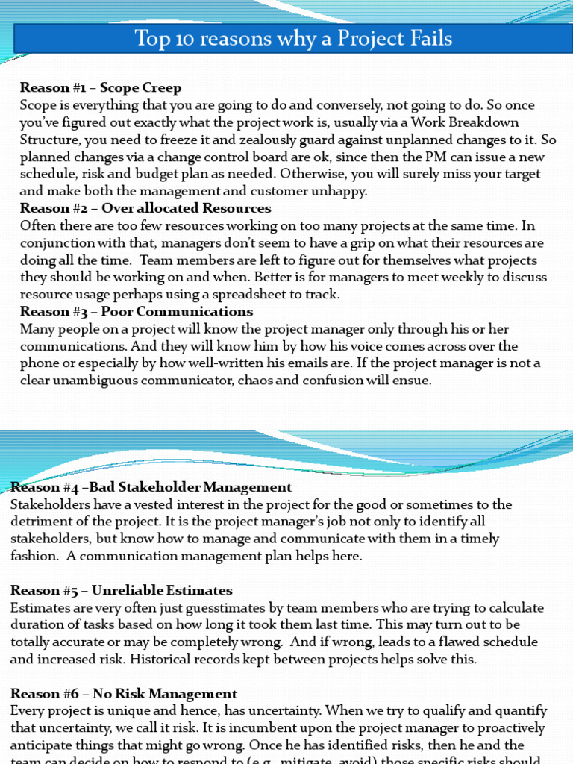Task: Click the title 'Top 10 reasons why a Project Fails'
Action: click(293, 38)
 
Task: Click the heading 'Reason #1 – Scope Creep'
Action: click(101, 88)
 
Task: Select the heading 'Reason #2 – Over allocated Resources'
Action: click(145, 208)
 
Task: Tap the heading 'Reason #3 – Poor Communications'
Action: click(137, 311)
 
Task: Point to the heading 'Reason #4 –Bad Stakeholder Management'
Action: click(151, 488)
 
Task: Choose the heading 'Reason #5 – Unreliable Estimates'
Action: click(122, 591)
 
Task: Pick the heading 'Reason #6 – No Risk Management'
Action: click(124, 694)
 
